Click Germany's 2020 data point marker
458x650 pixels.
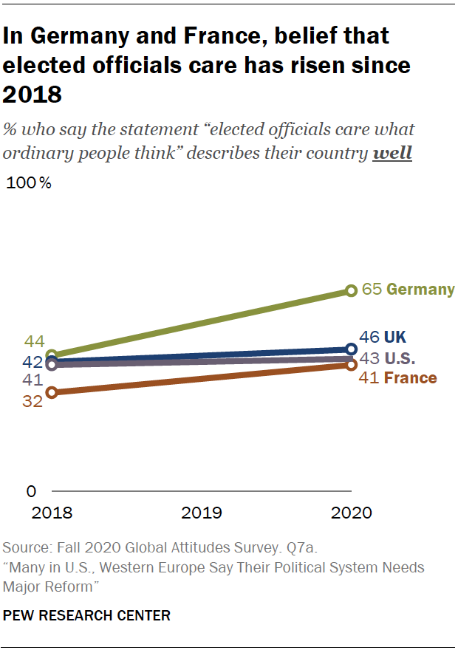[x=352, y=290]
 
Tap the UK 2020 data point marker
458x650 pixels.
[x=352, y=349]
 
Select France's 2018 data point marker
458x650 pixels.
[x=51, y=392]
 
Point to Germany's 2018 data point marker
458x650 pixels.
[x=51, y=355]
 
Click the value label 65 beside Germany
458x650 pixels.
[x=372, y=290]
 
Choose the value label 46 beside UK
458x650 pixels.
[x=369, y=338]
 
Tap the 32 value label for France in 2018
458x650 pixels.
[x=33, y=403]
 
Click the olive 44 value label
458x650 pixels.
[x=35, y=341]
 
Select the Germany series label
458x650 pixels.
[x=420, y=290]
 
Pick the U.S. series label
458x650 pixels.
[x=400, y=359]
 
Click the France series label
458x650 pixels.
[x=411, y=378]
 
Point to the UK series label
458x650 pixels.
[x=396, y=338]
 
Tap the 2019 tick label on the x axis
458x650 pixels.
[x=202, y=513]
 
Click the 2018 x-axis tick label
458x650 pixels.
[x=51, y=513]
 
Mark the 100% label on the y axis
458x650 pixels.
[x=29, y=184]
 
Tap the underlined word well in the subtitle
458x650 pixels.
[x=394, y=153]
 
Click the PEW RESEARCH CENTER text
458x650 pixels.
[x=86, y=615]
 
